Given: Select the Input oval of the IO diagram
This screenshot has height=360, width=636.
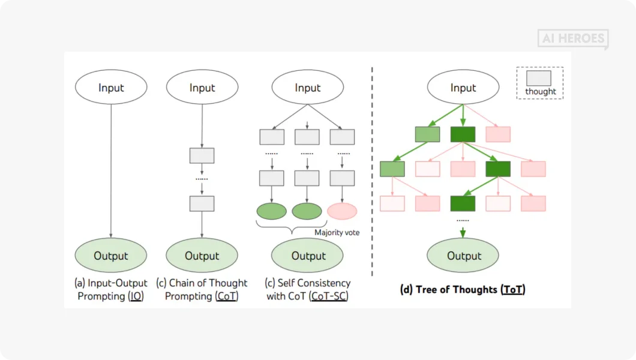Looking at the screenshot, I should [x=111, y=88].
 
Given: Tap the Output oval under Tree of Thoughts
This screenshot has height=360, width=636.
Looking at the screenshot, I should [x=464, y=256].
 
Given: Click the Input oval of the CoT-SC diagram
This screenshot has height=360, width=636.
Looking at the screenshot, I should [x=308, y=88].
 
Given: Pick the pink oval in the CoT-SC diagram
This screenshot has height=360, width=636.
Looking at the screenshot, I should [x=342, y=211].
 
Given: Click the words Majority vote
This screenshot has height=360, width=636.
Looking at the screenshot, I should [x=337, y=232].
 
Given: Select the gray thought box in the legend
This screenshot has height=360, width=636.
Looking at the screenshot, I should [x=539, y=79].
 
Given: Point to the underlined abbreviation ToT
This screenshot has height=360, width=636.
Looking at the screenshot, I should [x=514, y=290].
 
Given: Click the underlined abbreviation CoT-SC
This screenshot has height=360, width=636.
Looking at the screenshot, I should [x=329, y=296].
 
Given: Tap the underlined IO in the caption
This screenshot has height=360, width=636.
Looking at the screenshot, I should [x=136, y=296].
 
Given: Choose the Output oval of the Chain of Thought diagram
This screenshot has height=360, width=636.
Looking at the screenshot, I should [x=202, y=256].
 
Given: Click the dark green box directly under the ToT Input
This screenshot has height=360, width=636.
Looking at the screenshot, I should [x=463, y=134].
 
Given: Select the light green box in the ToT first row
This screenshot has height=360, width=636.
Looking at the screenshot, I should [x=427, y=134].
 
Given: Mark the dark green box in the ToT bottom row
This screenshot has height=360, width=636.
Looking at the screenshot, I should [x=463, y=203].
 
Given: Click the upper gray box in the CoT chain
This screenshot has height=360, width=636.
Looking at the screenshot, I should [x=202, y=155].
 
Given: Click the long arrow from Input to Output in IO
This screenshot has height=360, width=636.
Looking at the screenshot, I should [x=111, y=174].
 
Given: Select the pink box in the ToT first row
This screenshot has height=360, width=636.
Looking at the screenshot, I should [x=498, y=134].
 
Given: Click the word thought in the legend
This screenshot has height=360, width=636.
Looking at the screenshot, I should [x=541, y=92].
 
